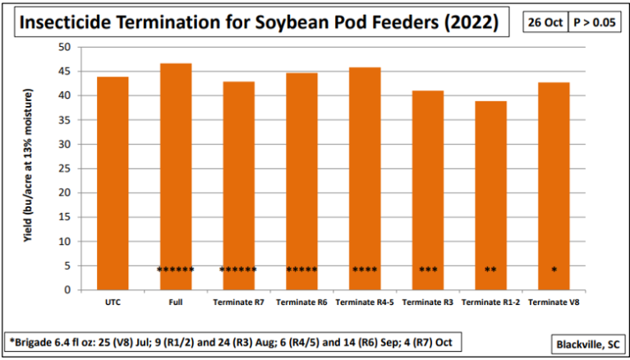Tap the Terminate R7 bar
coord(238,185)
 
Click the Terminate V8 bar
coord(554,186)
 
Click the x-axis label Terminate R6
coord(301,302)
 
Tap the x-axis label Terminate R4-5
coord(365,302)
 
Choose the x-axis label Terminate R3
coord(427,302)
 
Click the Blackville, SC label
coord(584,343)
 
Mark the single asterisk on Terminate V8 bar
coord(554,270)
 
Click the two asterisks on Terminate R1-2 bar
coord(490,270)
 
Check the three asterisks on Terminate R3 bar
coord(428,270)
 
